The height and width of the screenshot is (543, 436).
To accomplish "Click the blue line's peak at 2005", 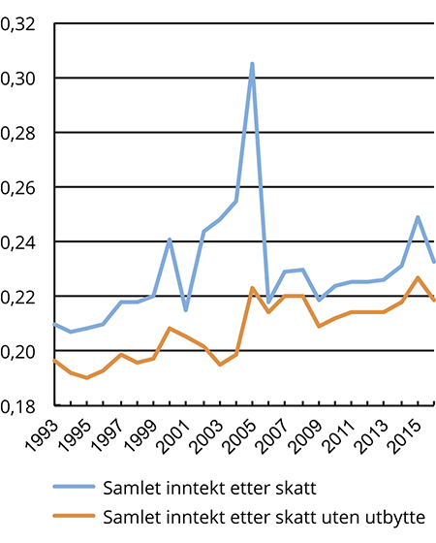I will click(x=252, y=64).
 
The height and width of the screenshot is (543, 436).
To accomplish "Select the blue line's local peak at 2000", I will click(x=170, y=240).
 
